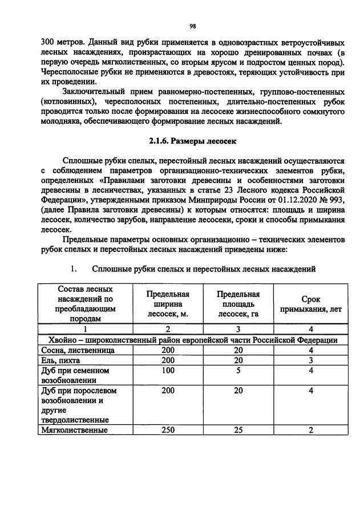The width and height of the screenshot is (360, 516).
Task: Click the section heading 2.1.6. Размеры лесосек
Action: (x=192, y=140)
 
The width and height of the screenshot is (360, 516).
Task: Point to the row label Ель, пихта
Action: (x=60, y=360)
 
